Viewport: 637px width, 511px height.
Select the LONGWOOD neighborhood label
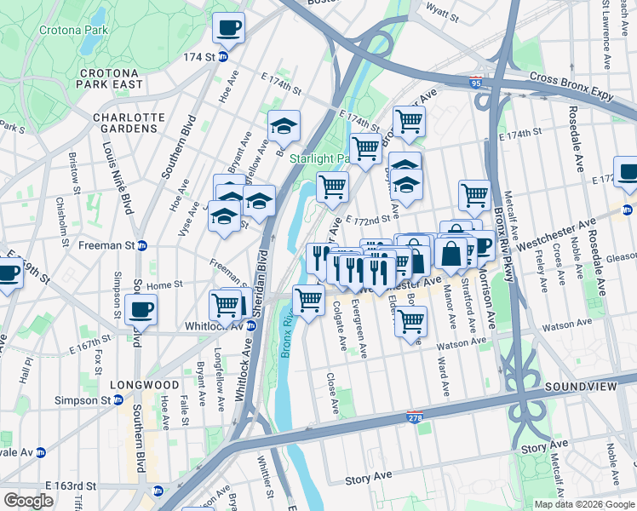(149, 385)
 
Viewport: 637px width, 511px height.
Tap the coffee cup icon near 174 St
(228, 29)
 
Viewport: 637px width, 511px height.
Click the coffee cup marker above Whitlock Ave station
(141, 309)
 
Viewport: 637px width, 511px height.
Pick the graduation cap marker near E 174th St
(284, 128)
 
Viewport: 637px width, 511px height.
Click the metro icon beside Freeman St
(142, 245)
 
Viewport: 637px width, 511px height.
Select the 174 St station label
(198, 57)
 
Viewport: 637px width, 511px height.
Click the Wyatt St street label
(443, 15)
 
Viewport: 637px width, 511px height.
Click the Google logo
(29, 501)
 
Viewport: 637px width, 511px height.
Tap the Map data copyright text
(583, 504)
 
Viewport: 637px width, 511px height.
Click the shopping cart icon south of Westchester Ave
(410, 322)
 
